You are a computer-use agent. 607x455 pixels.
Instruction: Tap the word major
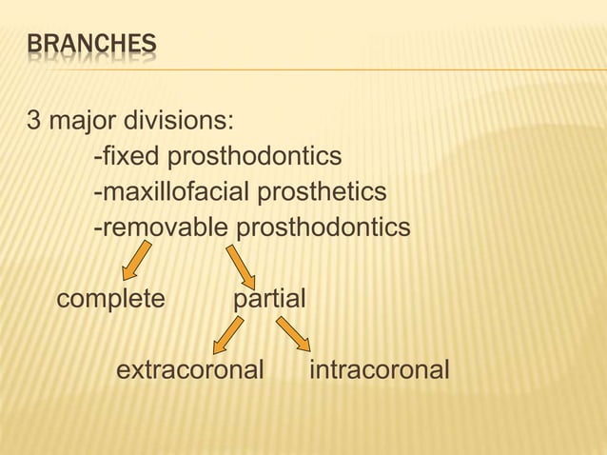coord(80,124)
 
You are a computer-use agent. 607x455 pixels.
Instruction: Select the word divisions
coord(179,123)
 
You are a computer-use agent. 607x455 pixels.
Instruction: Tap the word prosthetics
coord(320,193)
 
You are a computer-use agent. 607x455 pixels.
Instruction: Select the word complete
coord(111,300)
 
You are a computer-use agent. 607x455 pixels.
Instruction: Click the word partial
coord(269,300)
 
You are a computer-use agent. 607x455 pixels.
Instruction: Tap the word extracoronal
coord(189,369)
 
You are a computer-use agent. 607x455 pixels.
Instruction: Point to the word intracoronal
coord(379,369)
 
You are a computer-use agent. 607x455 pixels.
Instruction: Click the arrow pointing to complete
coord(137,260)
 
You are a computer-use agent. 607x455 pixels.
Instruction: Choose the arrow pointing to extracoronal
coord(227,335)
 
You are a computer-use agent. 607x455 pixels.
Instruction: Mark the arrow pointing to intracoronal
coord(293,333)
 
